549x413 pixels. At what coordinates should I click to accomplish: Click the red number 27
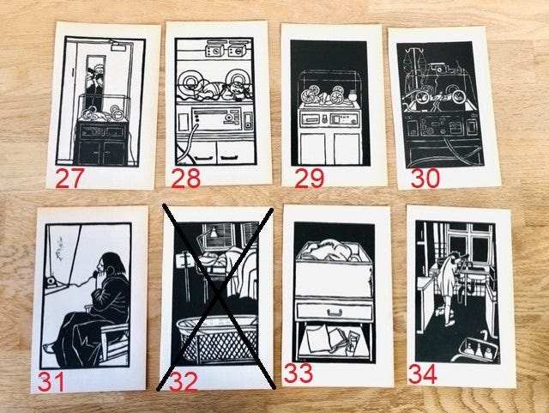point(69,178)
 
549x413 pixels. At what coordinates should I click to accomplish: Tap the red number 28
point(185,178)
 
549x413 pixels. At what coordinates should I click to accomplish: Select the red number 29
point(309,179)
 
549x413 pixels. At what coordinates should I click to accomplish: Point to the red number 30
point(425,178)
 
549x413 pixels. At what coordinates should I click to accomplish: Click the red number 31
point(51,382)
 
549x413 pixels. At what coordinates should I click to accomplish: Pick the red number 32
point(183,382)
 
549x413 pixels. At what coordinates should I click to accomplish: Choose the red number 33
point(298,373)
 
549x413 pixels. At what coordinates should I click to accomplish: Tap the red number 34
point(423,374)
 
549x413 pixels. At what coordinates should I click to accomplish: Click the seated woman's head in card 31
point(111,264)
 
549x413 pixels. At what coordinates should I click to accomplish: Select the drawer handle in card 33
point(333,312)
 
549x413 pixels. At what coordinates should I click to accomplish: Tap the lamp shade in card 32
point(213,232)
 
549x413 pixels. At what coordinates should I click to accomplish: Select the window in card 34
point(468,242)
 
